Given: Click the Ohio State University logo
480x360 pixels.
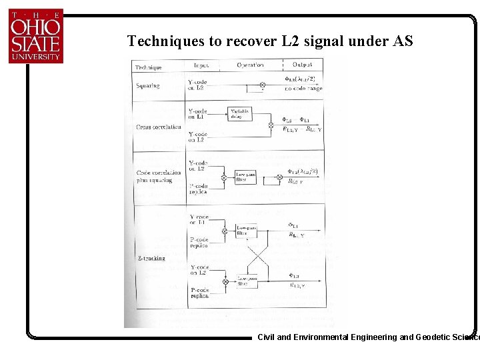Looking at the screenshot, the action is click(36, 36).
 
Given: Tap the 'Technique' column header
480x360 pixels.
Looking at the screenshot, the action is click(149, 67).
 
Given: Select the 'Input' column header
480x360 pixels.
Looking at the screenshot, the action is click(201, 65).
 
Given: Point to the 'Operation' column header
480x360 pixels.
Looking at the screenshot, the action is click(251, 65).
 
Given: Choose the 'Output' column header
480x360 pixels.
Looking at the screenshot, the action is click(306, 65).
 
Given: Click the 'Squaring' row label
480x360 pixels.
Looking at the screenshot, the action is click(147, 86).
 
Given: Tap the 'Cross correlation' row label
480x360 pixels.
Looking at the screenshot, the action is click(158, 127).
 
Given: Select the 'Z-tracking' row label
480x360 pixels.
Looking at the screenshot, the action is click(151, 258).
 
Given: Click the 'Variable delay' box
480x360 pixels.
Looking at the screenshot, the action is click(239, 113).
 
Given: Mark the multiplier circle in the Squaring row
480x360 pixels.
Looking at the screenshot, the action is click(262, 85).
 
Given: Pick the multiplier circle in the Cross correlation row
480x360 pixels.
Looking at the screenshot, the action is click(270, 125).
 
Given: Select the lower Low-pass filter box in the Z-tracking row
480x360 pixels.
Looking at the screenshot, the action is click(246, 281).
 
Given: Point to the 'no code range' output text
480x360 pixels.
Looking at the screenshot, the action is click(303, 89).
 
